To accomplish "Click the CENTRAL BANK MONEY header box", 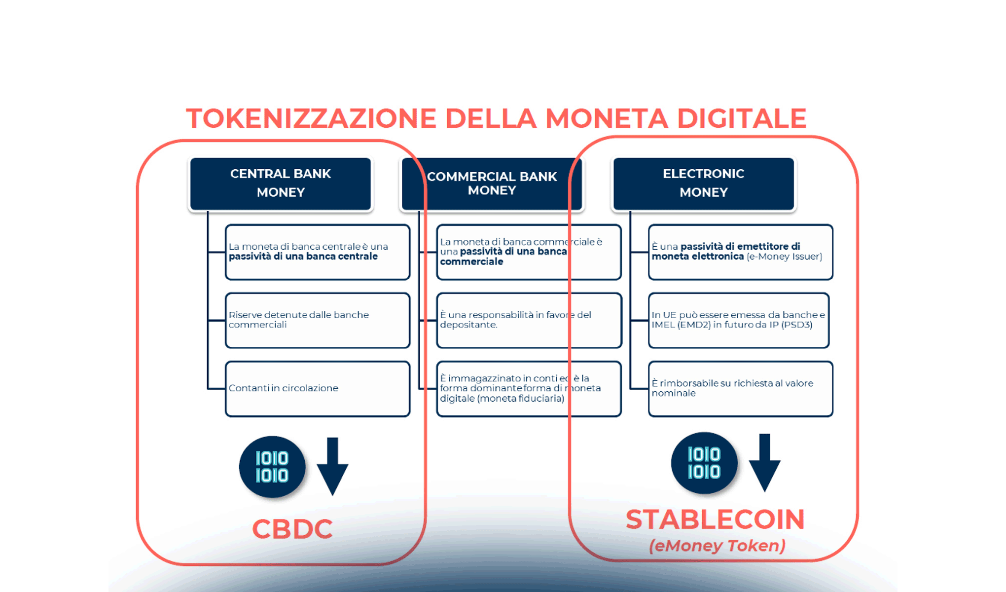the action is [280, 184].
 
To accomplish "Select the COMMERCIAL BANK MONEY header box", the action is [492, 184].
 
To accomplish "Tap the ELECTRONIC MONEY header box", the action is [703, 184].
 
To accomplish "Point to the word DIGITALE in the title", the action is [741, 119].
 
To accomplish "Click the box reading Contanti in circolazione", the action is [318, 389].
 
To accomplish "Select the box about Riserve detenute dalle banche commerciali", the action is [318, 320].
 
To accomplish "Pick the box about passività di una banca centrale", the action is [318, 252].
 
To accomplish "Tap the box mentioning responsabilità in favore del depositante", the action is [529, 320].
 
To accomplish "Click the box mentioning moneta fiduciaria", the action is [529, 389].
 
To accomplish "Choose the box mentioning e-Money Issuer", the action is [740, 252].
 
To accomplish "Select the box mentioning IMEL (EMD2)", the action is [738, 320].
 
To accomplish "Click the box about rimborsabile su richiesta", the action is [740, 389].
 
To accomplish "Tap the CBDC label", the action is [292, 529].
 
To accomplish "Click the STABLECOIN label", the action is [715, 519].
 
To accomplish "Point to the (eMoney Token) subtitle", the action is [717, 546].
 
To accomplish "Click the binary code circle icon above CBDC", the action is [272, 467].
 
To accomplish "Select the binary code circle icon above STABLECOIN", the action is [704, 463].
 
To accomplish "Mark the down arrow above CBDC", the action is [332, 466].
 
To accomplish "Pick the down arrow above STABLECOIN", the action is [764, 463].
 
